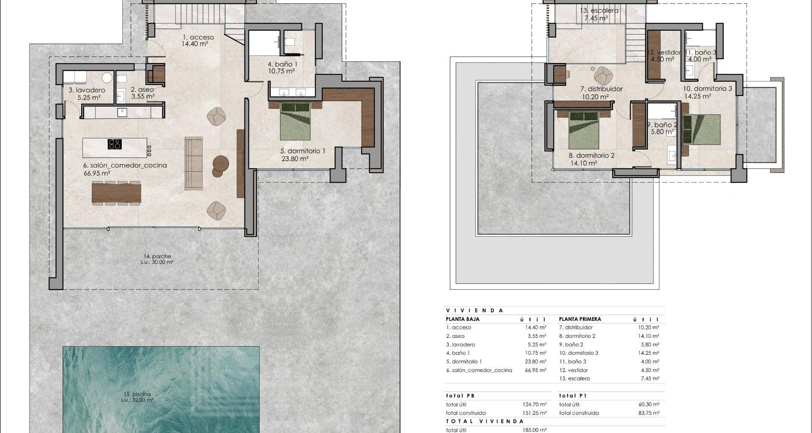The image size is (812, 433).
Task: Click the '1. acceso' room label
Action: tap(198, 37)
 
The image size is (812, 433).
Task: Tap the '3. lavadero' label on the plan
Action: tap(87, 90)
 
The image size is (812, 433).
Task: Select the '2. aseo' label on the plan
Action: tap(142, 90)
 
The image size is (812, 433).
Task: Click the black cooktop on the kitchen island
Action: tap(115, 144)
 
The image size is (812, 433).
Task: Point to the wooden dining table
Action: tap(116, 193)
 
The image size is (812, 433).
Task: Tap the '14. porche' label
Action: tap(157, 256)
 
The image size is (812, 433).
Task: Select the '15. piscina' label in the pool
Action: tap(135, 394)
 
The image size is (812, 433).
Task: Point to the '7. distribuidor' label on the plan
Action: tap(601, 89)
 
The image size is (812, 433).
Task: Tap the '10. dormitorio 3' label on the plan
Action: tap(708, 89)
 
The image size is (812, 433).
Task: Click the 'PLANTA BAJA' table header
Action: tap(463, 319)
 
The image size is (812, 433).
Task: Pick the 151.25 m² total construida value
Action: tap(535, 413)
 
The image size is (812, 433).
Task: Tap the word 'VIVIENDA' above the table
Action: tap(475, 310)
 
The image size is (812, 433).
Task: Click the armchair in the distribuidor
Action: tap(604, 76)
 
